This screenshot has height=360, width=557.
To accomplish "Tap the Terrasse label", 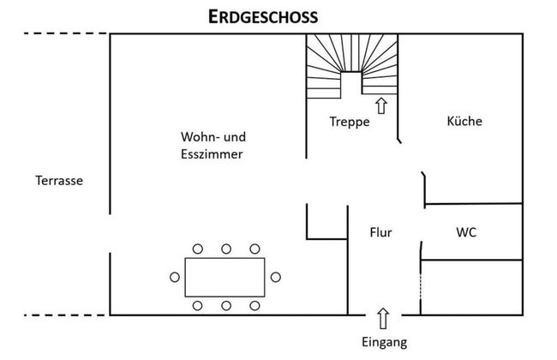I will [x=58, y=181].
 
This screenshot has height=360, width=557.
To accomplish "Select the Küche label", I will [x=464, y=121].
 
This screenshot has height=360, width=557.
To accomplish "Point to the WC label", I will [x=467, y=231].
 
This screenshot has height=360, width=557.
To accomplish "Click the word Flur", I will [x=380, y=231].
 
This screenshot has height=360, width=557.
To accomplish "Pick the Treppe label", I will [x=350, y=122].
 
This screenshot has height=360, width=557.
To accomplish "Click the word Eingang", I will [x=383, y=342].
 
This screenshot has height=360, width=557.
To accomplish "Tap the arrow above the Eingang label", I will [x=383, y=316].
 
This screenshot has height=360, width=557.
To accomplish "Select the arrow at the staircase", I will [x=380, y=105].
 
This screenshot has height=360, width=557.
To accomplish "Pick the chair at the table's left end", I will [x=176, y=277].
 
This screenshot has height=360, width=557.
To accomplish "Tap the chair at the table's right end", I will [x=276, y=277].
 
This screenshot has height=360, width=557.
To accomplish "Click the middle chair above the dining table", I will [x=226, y=249].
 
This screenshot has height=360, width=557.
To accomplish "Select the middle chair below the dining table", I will [x=226, y=305].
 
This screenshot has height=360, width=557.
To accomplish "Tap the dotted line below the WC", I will [x=421, y=288].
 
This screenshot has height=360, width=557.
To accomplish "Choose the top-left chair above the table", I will [x=198, y=249].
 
